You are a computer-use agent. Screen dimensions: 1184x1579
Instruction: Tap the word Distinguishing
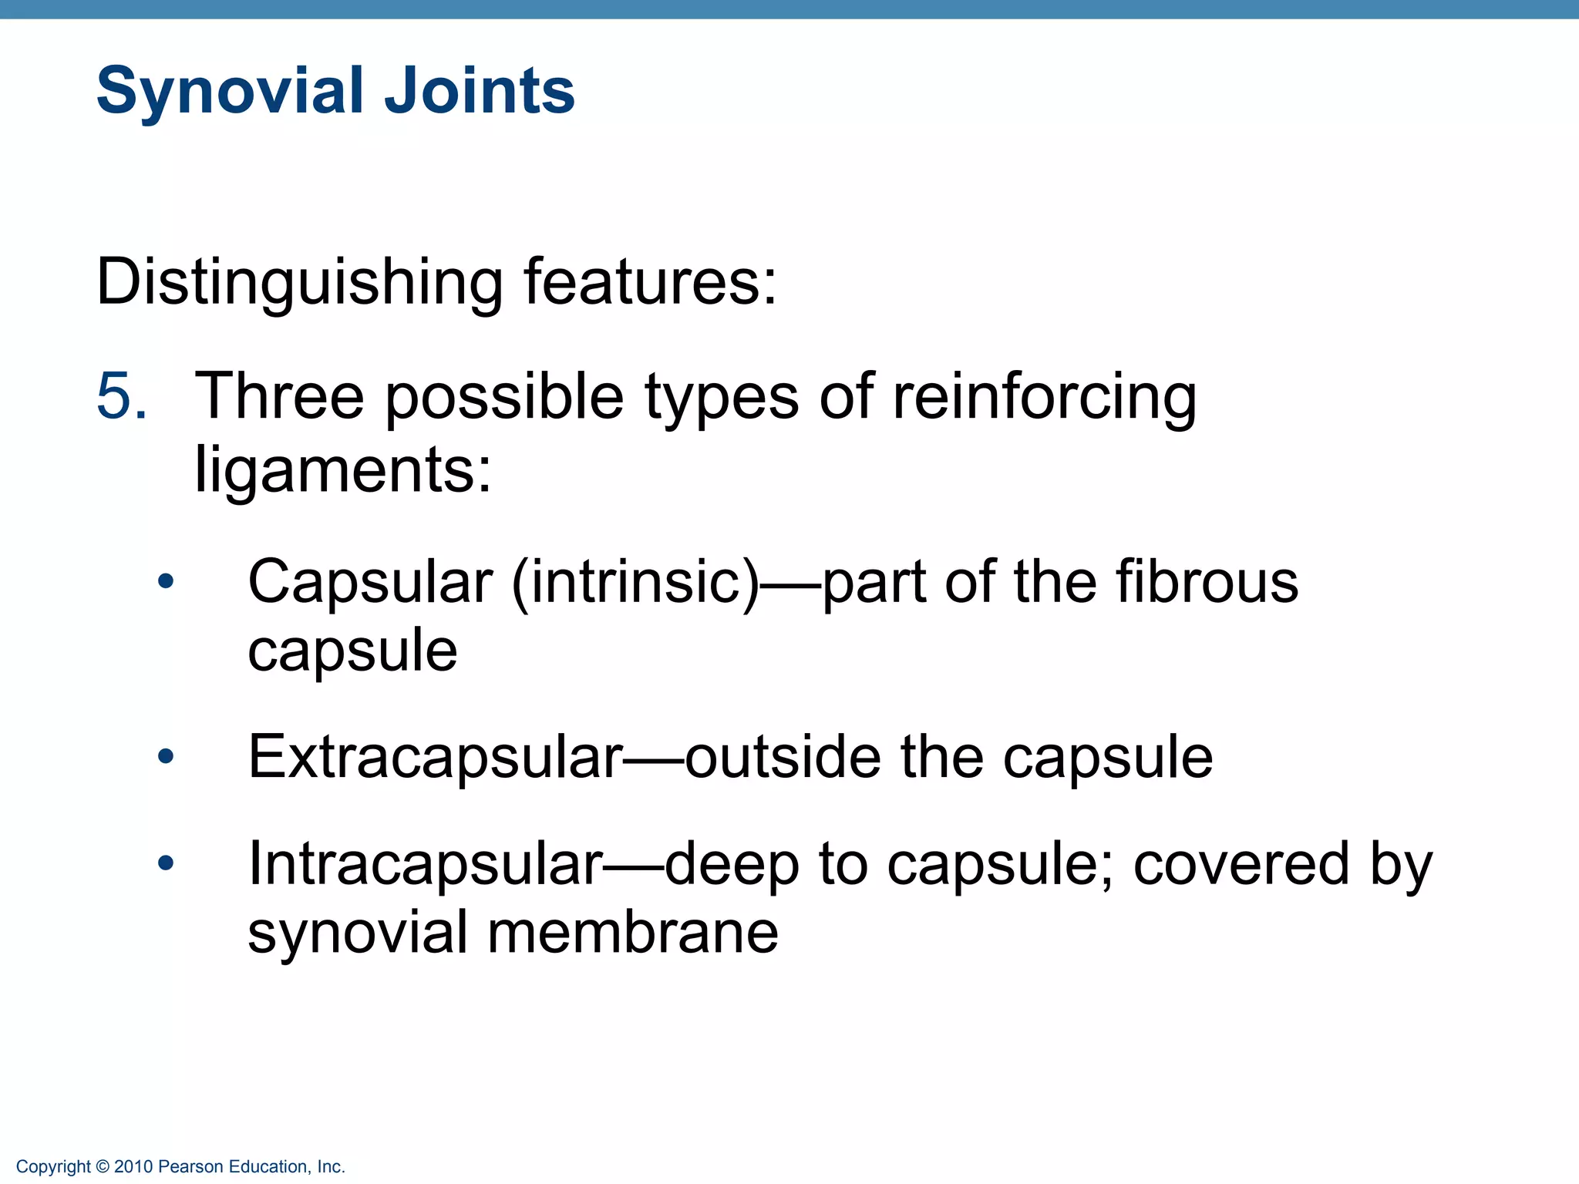click(x=299, y=283)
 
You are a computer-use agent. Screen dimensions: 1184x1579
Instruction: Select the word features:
click(x=650, y=281)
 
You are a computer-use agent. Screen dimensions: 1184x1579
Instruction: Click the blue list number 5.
click(x=121, y=396)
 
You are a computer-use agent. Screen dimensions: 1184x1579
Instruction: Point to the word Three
click(x=279, y=396)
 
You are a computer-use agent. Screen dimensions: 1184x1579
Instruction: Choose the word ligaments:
click(x=342, y=470)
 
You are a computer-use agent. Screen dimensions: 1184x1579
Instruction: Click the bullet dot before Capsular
click(x=166, y=582)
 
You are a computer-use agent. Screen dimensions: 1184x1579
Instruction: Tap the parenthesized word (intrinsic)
click(x=635, y=583)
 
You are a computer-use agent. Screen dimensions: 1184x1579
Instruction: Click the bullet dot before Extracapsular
click(x=166, y=757)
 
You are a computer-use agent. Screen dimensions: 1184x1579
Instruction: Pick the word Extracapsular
click(x=435, y=757)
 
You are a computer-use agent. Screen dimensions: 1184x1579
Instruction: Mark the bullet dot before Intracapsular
click(x=166, y=864)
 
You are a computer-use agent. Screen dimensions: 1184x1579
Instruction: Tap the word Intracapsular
click(x=425, y=864)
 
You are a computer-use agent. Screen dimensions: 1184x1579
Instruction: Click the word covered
click(x=1241, y=864)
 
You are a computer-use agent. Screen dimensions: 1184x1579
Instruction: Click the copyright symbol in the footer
click(x=103, y=1167)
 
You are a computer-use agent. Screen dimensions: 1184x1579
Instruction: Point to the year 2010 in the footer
click(x=133, y=1167)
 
